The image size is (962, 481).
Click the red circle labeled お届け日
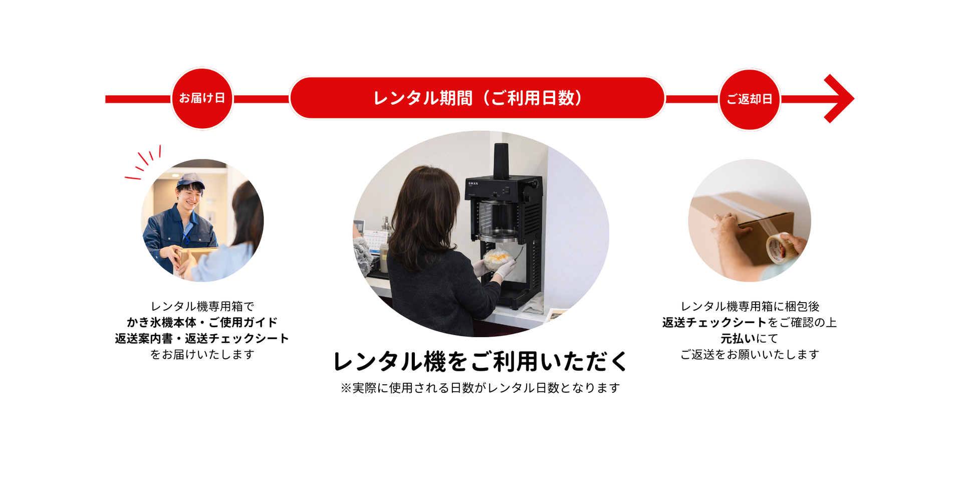point(202,99)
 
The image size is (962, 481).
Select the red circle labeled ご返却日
point(750,99)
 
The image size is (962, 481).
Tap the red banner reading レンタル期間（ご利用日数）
point(477,98)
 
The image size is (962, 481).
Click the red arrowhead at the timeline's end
point(839,99)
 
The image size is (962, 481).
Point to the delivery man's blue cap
point(190,180)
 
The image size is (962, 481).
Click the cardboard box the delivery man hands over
point(196,255)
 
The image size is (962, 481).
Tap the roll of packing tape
point(778,248)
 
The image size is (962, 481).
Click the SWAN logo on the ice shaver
point(473,183)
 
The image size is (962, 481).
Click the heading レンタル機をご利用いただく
point(480,361)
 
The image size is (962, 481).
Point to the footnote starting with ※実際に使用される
point(480,388)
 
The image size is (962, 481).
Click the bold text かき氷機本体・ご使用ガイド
point(202,322)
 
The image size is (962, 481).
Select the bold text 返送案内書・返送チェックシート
point(202,338)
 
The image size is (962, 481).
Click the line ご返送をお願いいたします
point(750,354)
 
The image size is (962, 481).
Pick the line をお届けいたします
point(202,354)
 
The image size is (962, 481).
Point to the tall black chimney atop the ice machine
point(501,161)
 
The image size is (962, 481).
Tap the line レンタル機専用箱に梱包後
point(750,306)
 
